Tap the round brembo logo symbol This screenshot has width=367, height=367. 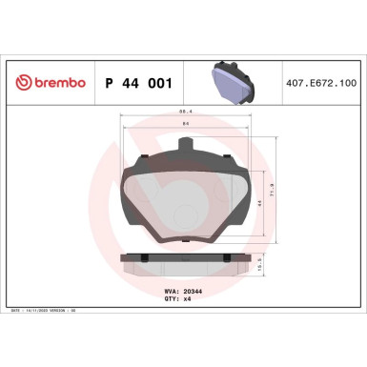tap(16, 83)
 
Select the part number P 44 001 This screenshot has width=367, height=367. tap(136, 83)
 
